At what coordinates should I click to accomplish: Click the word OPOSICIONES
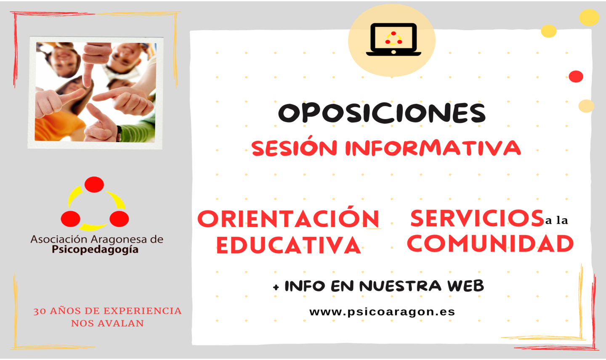click(382, 113)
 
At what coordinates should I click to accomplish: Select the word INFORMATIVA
click(433, 148)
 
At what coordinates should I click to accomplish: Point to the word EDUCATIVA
click(288, 245)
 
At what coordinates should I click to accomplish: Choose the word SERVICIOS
click(477, 218)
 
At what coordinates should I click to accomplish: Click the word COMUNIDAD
click(490, 244)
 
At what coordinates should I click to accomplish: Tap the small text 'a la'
click(556, 220)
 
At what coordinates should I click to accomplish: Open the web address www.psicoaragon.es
click(382, 312)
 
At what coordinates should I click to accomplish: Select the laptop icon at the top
click(393, 40)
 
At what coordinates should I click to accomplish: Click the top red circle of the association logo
click(94, 185)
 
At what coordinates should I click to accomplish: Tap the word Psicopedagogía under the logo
click(95, 250)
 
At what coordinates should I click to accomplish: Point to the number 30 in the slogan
click(39, 311)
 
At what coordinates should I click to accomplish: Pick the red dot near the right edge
click(576, 77)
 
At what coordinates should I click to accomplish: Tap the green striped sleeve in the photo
click(138, 132)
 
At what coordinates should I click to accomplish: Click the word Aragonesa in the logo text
click(118, 240)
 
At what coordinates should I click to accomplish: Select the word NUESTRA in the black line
click(400, 286)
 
